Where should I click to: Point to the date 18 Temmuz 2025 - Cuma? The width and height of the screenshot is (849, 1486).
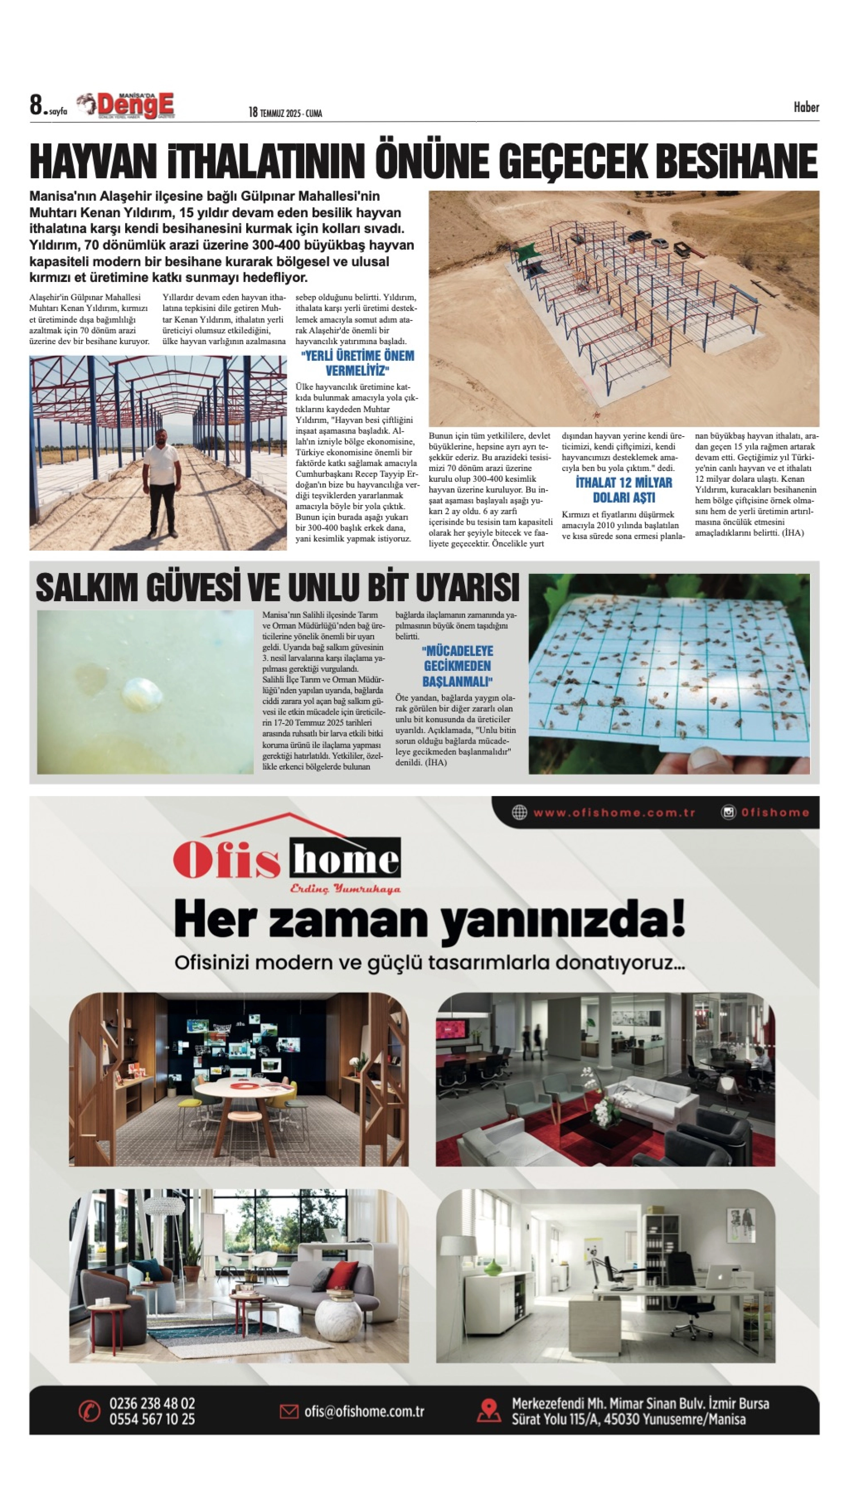pyautogui.click(x=285, y=113)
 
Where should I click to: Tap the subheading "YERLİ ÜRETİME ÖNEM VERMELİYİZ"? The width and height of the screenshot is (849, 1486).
pyautogui.click(x=357, y=363)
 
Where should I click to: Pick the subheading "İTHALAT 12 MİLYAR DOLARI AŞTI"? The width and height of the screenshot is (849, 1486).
pyautogui.click(x=623, y=490)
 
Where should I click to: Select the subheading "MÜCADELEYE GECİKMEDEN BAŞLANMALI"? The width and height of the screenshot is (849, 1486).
pyautogui.click(x=457, y=666)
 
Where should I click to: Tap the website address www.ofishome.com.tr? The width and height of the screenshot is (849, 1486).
pyautogui.click(x=614, y=812)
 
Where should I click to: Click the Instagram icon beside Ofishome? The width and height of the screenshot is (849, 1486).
pyautogui.click(x=728, y=812)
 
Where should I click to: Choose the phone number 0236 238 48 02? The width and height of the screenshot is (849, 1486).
pyautogui.click(x=152, y=1403)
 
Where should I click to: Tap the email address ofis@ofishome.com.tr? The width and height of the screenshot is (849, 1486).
pyautogui.click(x=364, y=1411)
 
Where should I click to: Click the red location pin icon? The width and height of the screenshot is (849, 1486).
pyautogui.click(x=489, y=1411)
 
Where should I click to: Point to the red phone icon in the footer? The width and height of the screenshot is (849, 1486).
pyautogui.click(x=89, y=1411)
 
